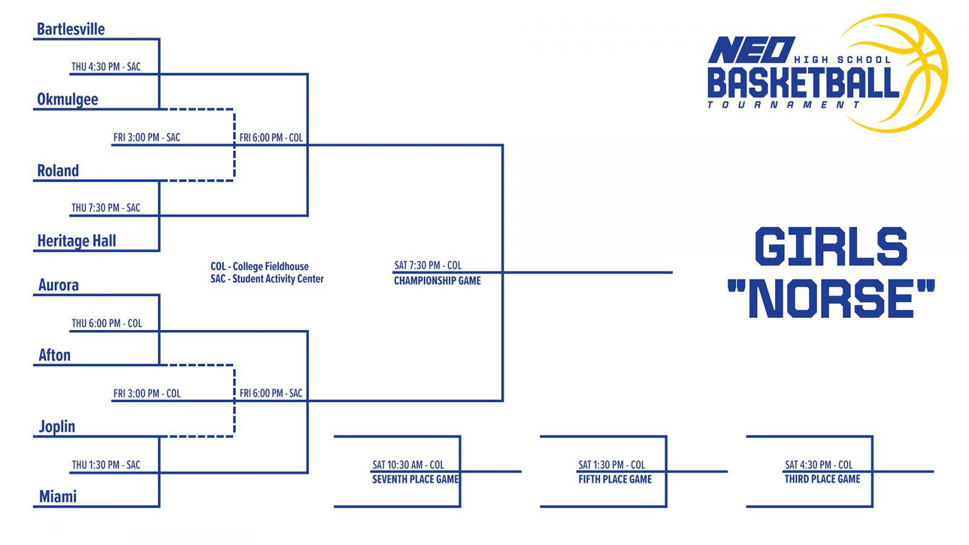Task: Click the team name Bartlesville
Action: click(71, 29)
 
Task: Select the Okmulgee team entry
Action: click(67, 99)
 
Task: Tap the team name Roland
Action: click(58, 171)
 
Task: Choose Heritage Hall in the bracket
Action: click(76, 241)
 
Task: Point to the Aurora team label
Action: click(58, 285)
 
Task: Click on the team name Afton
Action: click(55, 355)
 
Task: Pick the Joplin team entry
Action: click(57, 426)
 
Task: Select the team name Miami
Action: click(58, 497)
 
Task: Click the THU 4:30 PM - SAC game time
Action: click(106, 67)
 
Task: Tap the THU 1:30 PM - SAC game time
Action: click(106, 465)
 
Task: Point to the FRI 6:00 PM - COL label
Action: click(271, 137)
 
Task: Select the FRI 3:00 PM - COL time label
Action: click(147, 394)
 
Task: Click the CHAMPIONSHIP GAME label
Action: click(437, 281)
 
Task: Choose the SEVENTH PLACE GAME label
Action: click(415, 480)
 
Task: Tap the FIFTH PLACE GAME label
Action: click(615, 480)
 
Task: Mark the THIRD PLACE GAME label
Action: click(822, 479)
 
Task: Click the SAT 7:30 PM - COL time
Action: click(428, 265)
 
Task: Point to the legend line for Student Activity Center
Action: click(267, 279)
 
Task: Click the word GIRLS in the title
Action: click(831, 246)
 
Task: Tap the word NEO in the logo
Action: click(751, 50)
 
